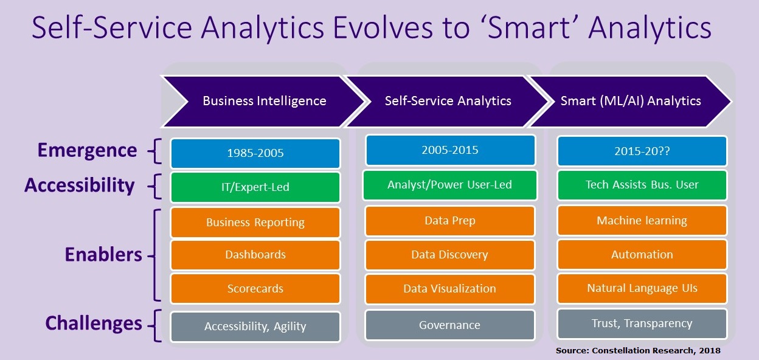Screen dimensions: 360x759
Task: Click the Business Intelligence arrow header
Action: [264, 101]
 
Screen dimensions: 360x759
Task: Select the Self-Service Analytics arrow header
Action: [448, 101]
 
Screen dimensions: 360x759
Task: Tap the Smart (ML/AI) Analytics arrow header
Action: [631, 101]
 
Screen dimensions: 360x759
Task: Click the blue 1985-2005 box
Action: [255, 153]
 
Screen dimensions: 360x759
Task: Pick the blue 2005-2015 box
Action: [450, 150]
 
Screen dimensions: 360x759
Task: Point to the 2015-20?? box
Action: [642, 151]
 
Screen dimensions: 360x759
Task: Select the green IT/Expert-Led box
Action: [255, 187]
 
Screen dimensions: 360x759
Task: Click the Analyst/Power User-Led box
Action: [450, 185]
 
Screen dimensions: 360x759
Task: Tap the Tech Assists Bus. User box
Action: [642, 185]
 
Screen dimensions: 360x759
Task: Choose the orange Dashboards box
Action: [255, 255]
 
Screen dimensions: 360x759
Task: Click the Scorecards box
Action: [255, 289]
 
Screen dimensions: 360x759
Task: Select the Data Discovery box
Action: [450, 255]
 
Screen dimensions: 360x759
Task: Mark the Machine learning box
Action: [642, 221]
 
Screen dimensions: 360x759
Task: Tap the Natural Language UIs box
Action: [642, 288]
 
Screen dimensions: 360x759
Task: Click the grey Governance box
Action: [450, 325]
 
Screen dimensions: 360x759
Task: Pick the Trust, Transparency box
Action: [642, 324]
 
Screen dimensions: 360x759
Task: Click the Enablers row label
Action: [103, 254]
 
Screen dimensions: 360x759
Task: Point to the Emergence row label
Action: [87, 150]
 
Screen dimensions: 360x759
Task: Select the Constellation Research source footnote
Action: [638, 351]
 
